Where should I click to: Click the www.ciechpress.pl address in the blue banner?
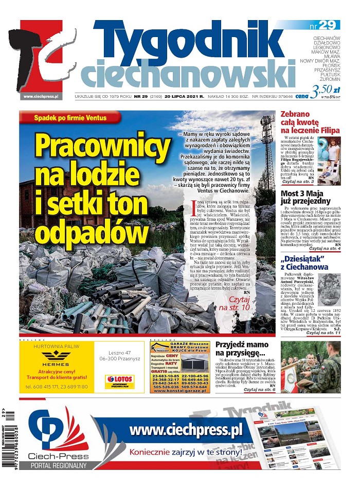pos(186,429)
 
